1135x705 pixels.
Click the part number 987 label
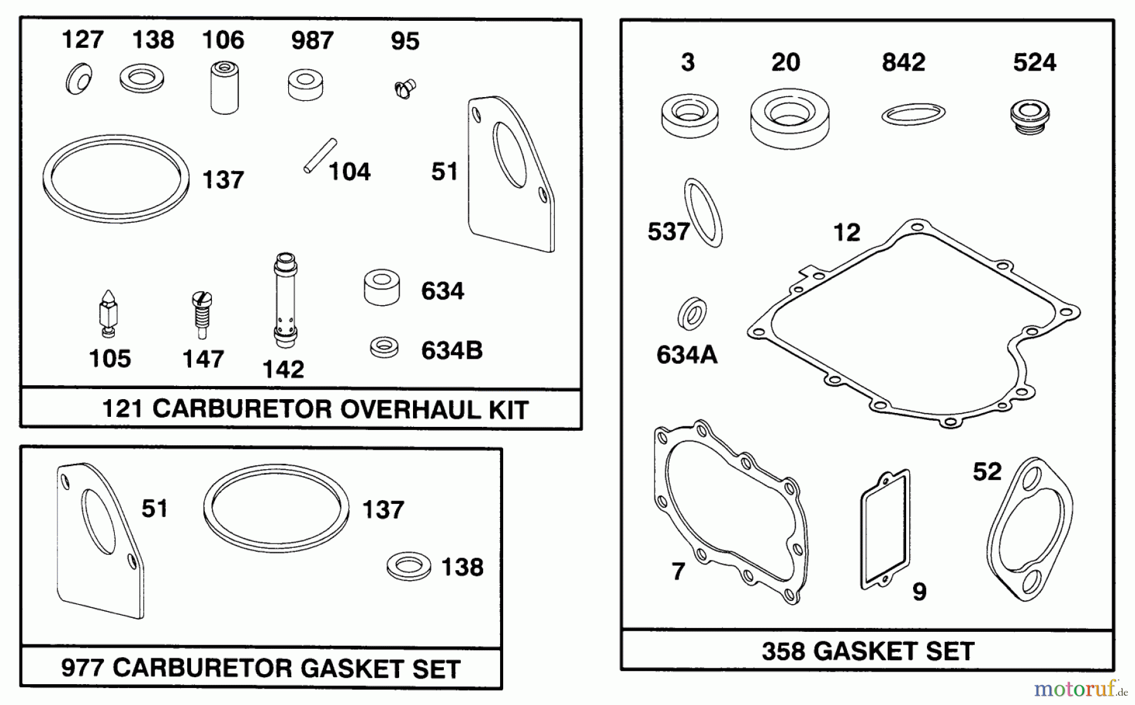pos(311,41)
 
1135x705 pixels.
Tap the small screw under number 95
pos(404,88)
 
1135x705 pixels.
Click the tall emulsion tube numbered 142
pos(285,300)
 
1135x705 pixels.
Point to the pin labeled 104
pos(320,155)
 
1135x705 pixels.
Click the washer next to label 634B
pos(384,347)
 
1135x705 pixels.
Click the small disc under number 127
pos(79,79)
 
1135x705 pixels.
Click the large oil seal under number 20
pos(789,117)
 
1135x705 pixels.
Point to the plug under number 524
pos(1029,116)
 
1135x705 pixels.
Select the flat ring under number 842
pos(912,114)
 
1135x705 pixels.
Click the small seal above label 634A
pos(692,313)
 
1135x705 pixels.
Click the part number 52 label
pos(987,472)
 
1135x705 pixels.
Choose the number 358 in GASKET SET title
pos(784,651)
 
